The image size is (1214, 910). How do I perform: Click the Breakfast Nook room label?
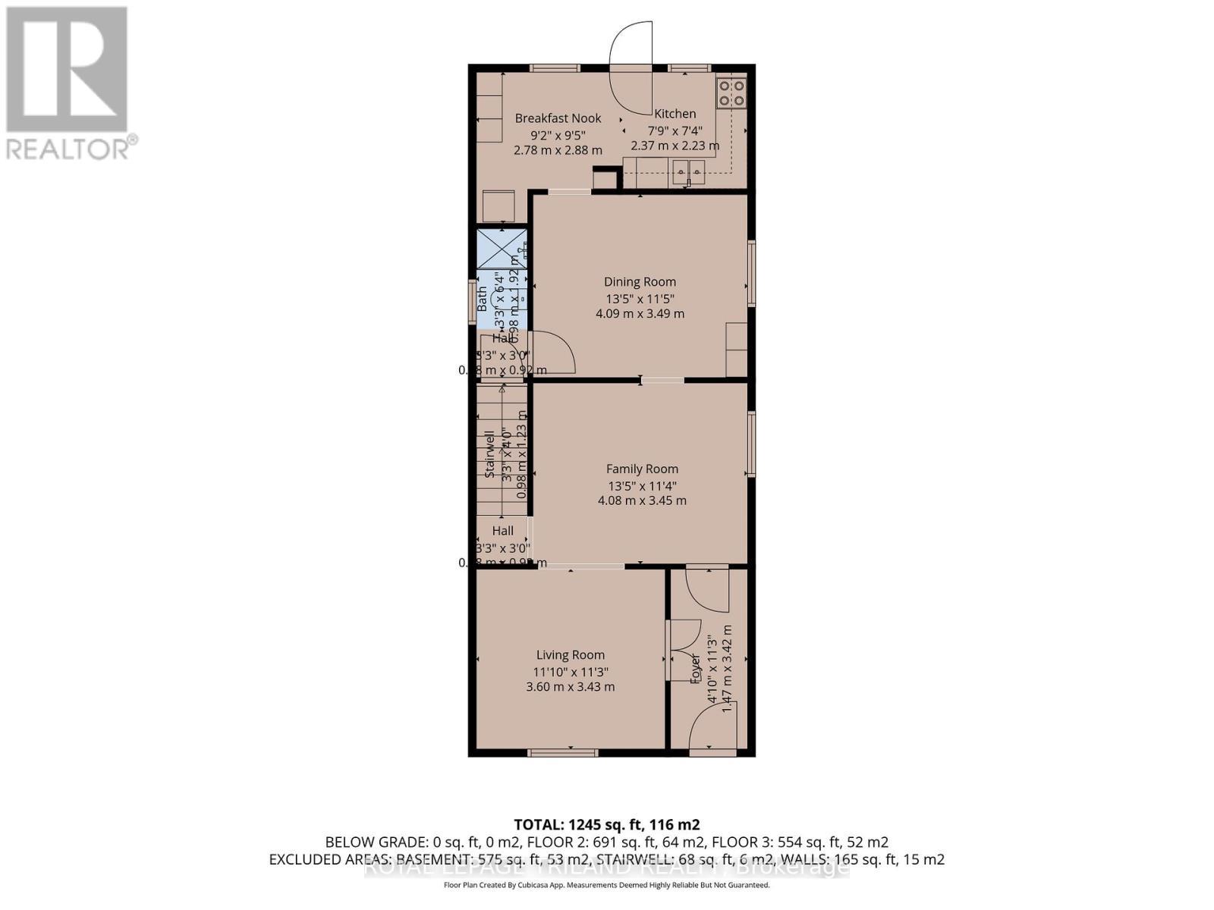click(x=558, y=118)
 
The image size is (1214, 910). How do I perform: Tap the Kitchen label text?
click(x=675, y=114)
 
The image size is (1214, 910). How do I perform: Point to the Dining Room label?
click(x=640, y=282)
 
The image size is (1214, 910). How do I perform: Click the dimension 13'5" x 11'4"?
click(x=642, y=486)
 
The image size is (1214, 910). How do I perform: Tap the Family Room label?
click(x=642, y=469)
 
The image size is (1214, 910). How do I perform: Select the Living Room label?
click(x=571, y=655)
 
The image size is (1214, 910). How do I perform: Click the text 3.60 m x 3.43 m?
click(x=571, y=687)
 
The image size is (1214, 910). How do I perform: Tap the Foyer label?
click(x=695, y=669)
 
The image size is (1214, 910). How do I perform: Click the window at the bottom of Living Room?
click(x=563, y=752)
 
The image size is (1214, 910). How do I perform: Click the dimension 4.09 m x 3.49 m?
click(x=640, y=313)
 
